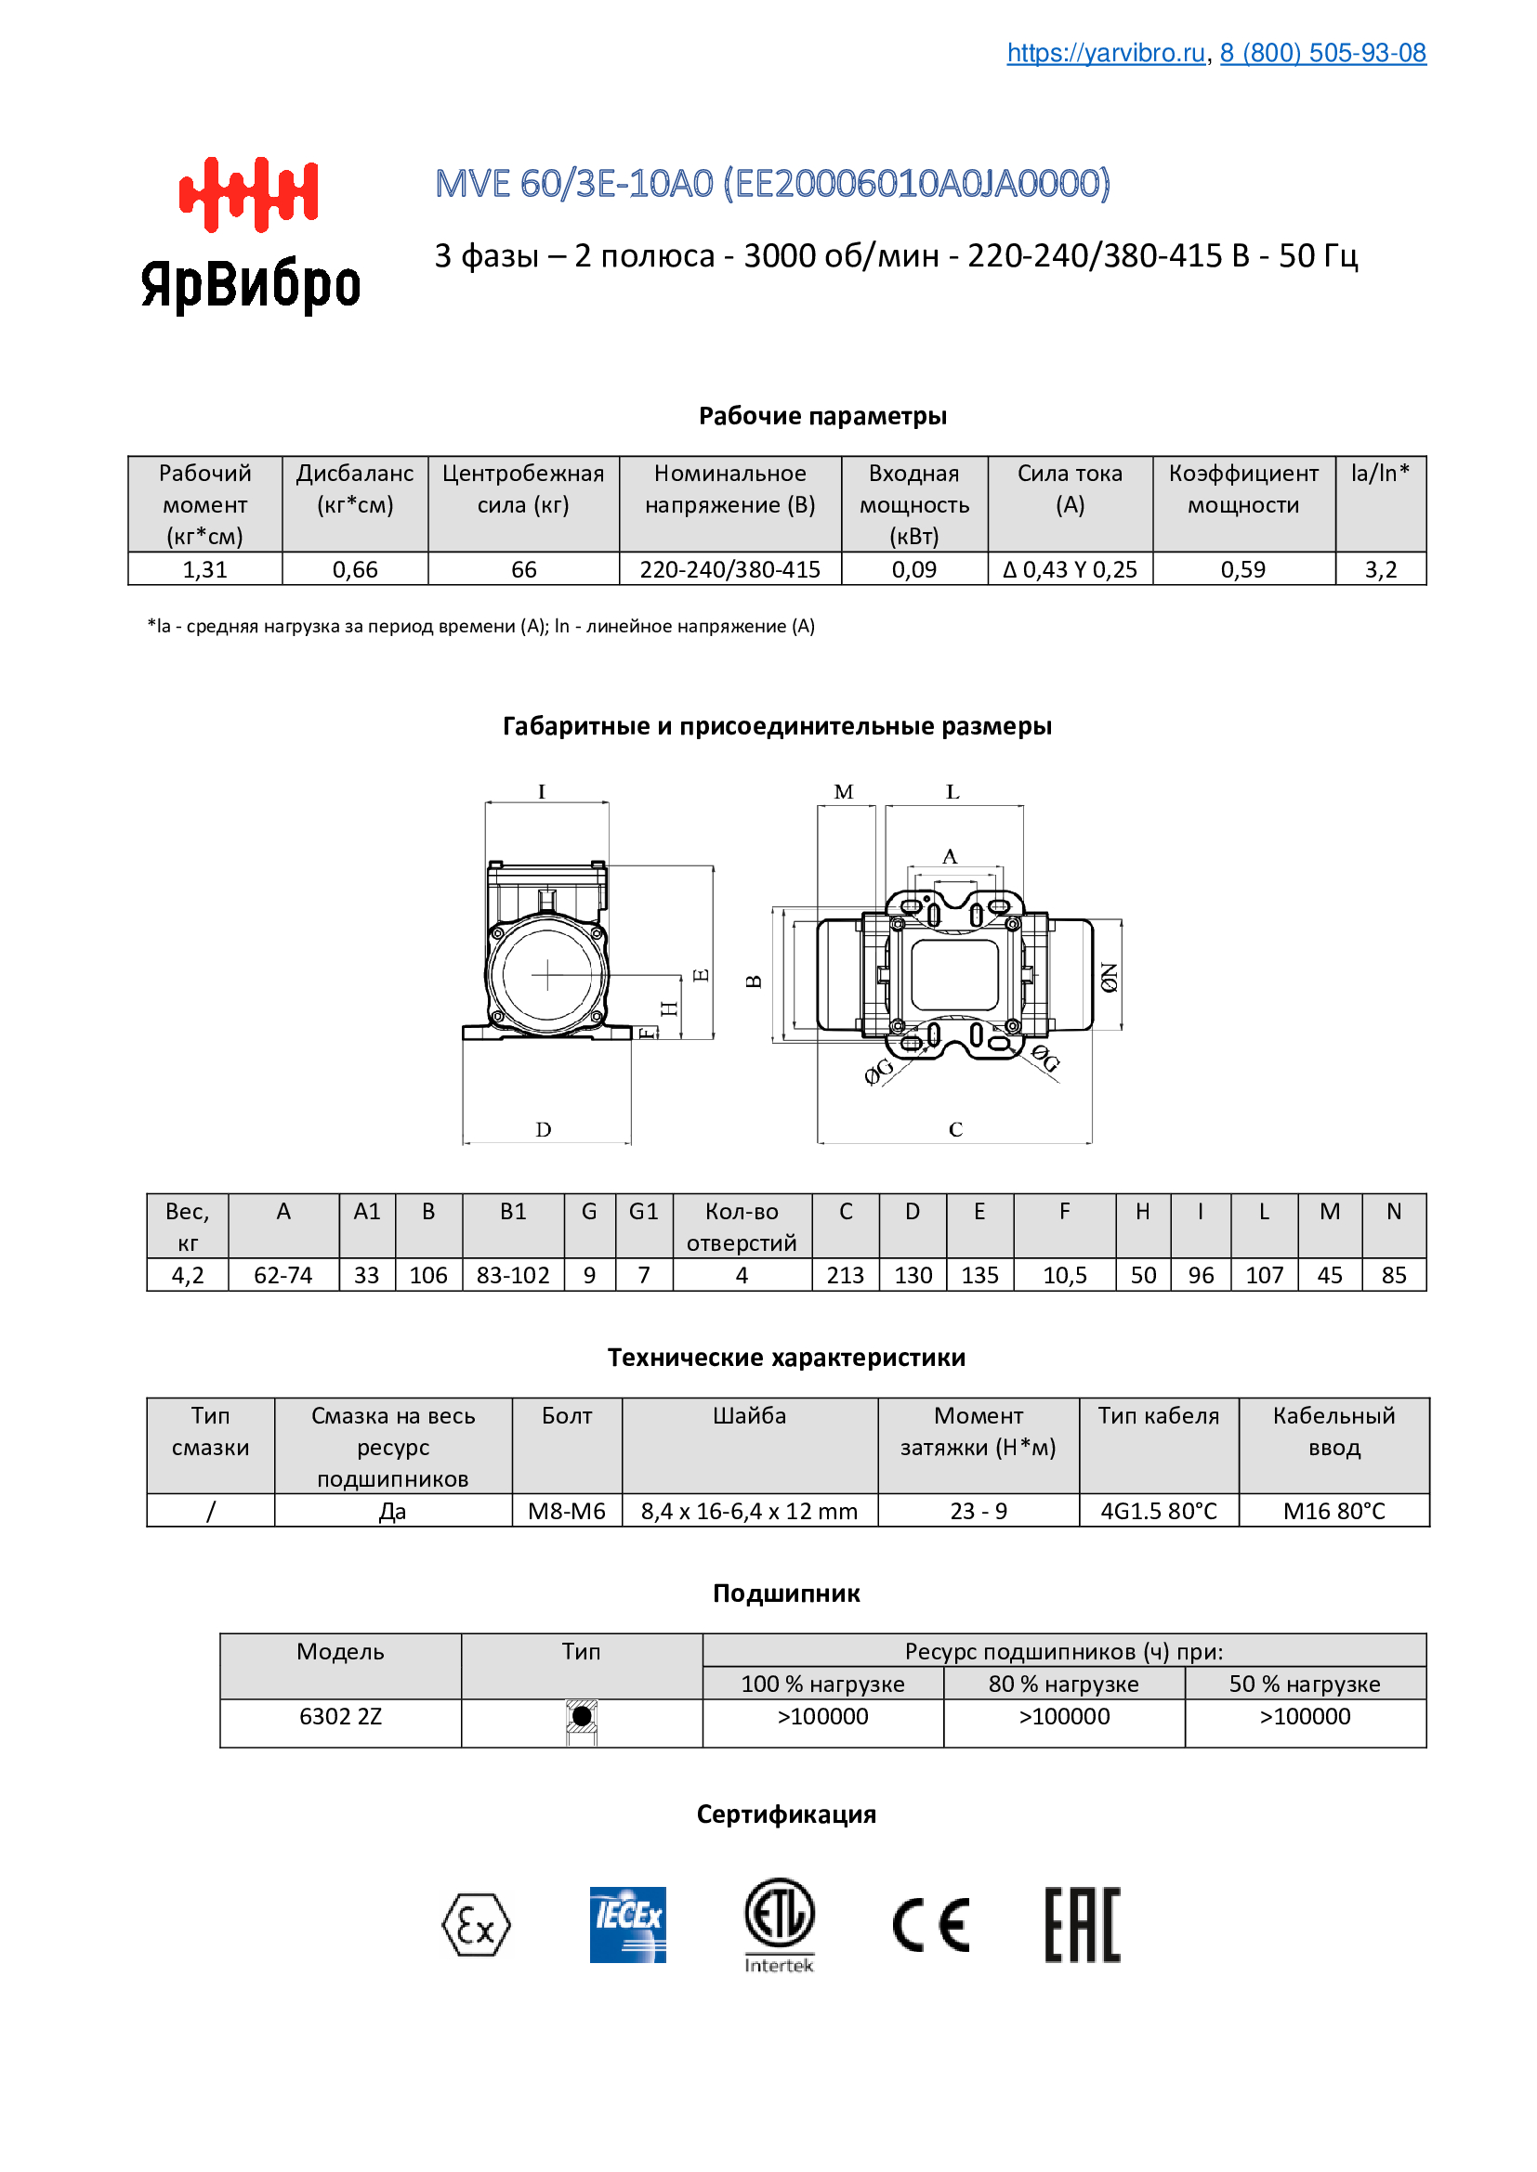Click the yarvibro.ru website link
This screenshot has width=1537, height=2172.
point(1105,53)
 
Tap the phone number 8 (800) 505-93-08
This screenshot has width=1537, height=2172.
point(1322,53)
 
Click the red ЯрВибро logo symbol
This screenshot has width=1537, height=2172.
point(249,194)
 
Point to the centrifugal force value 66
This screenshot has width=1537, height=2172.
point(523,569)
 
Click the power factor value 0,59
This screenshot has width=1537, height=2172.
point(1242,569)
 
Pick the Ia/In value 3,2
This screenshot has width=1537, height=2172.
point(1380,569)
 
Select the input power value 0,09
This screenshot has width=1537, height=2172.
point(913,569)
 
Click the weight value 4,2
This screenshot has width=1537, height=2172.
point(188,1275)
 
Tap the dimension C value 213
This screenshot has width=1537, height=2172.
point(845,1275)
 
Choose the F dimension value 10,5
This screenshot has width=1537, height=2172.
point(1064,1275)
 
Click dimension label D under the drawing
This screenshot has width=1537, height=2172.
point(544,1129)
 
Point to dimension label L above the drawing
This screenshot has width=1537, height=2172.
point(953,793)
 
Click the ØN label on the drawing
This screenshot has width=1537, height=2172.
point(1110,978)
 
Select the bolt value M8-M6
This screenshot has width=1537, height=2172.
point(566,1511)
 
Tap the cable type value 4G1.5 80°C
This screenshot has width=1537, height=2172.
point(1159,1511)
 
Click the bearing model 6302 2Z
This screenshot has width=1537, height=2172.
point(341,1716)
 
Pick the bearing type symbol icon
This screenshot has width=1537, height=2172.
point(582,1717)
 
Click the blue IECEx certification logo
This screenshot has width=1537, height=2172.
point(627,1924)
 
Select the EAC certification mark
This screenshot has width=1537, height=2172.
point(1082,1924)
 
